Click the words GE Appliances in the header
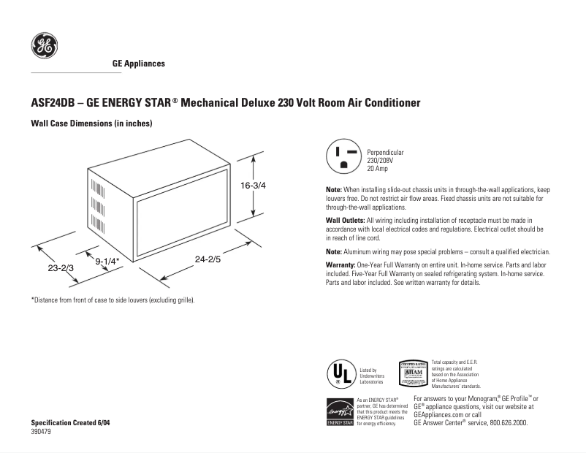(x=138, y=64)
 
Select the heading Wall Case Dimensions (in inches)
(x=91, y=124)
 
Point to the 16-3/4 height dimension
(x=253, y=186)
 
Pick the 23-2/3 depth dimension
(x=61, y=268)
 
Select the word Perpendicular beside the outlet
(x=385, y=152)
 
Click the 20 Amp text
(x=377, y=168)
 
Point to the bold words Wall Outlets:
(x=345, y=220)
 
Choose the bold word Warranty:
(x=341, y=263)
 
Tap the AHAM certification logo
(x=414, y=373)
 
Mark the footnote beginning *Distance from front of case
(x=113, y=300)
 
